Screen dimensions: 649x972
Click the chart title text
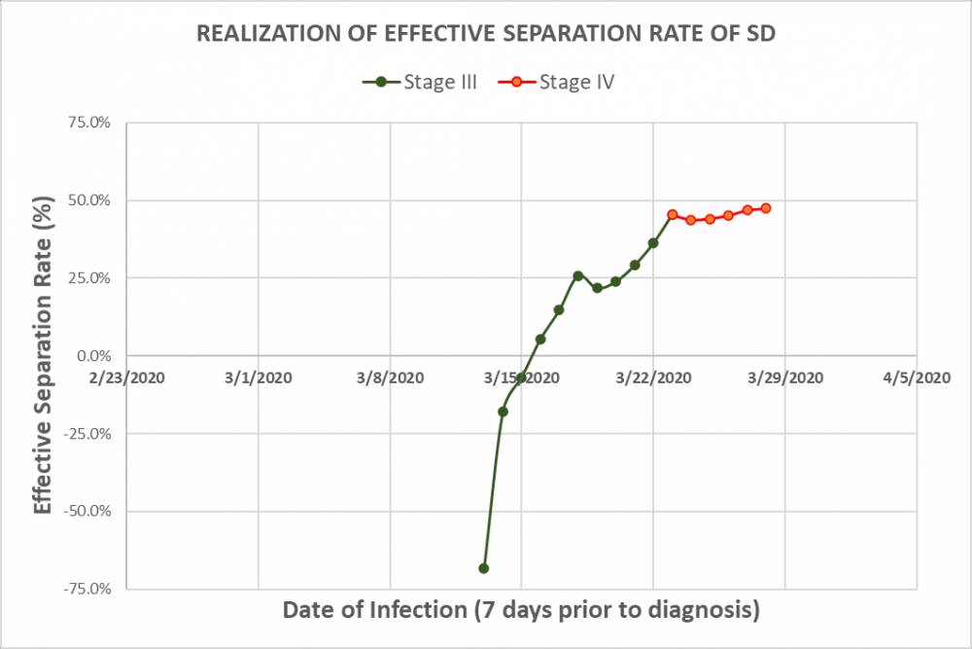[x=486, y=33]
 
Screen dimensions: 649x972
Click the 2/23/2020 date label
[x=127, y=377]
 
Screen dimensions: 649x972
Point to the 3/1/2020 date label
[x=259, y=377]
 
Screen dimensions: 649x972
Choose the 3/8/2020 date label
[x=390, y=377]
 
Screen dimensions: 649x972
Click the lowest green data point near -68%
[x=484, y=568]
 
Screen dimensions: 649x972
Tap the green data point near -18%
[x=503, y=412]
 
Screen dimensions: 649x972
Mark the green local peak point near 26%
[x=577, y=275]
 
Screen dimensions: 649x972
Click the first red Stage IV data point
[x=673, y=214]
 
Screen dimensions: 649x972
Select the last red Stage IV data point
[x=766, y=208]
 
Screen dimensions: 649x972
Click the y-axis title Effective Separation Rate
[x=43, y=355]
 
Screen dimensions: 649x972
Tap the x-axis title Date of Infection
[x=520, y=611]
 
